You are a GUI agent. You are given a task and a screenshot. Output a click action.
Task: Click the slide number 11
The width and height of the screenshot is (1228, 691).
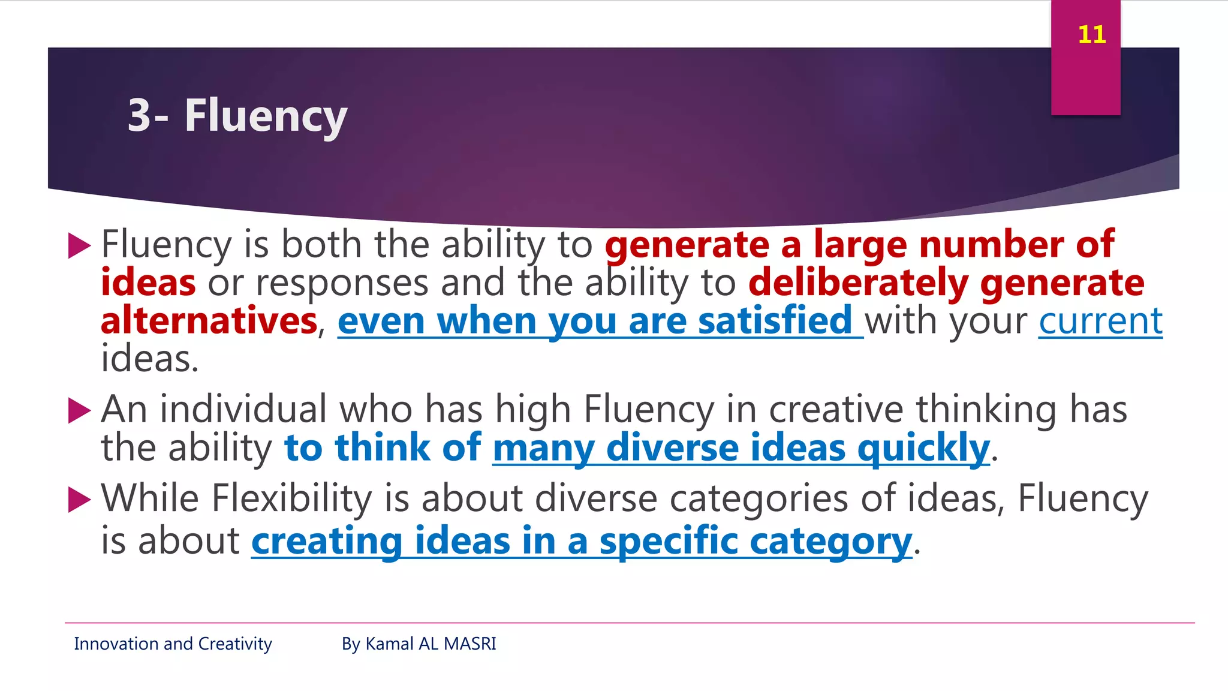[1091, 34]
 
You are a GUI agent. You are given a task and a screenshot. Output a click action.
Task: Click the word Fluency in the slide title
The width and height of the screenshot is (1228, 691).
[266, 116]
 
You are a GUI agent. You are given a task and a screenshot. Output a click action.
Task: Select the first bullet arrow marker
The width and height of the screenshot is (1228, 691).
[79, 246]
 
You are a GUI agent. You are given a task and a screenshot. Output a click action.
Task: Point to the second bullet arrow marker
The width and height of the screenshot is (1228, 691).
[79, 411]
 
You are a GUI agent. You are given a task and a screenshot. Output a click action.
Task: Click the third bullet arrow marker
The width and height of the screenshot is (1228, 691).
[79, 500]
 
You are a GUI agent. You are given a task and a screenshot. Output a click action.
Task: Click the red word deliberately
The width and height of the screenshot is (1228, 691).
[858, 283]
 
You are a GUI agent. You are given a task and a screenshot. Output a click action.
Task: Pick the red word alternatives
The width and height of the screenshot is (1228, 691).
[209, 321]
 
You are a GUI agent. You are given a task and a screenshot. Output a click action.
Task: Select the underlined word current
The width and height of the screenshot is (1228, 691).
[1100, 321]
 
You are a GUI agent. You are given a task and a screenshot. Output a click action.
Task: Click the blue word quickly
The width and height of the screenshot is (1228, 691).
[923, 448]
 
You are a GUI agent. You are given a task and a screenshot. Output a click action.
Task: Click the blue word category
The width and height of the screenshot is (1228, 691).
[830, 542]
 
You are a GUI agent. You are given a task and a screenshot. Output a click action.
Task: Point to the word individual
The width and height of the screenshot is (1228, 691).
[243, 410]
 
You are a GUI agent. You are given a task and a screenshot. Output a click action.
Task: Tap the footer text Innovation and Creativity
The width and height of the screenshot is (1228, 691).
[173, 644]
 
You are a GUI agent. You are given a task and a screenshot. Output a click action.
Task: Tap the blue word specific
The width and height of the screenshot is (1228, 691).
[669, 542]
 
